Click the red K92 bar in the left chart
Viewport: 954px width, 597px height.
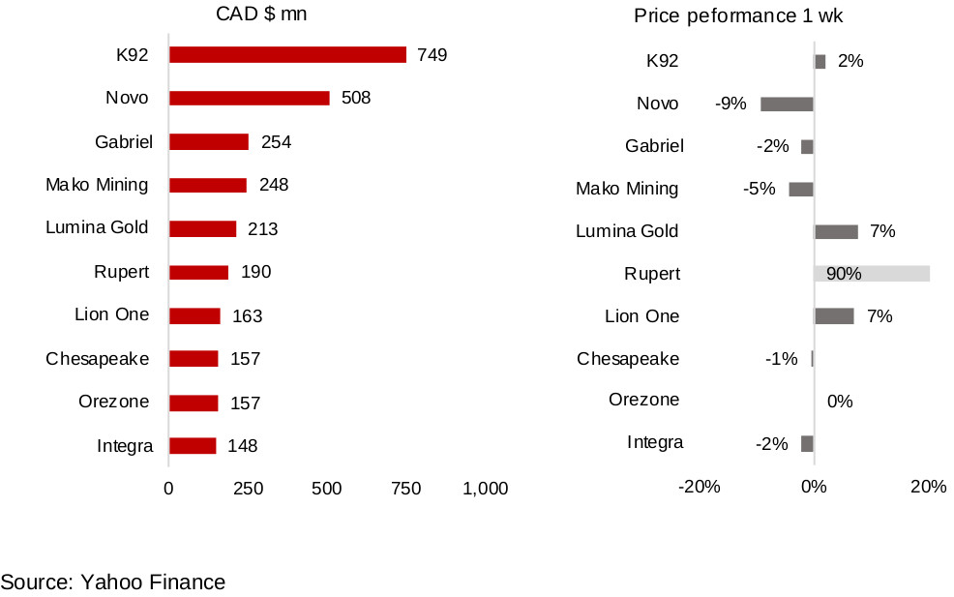pyautogui.click(x=287, y=54)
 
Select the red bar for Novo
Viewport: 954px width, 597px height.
pyautogui.click(x=249, y=98)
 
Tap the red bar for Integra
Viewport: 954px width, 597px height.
pyautogui.click(x=193, y=446)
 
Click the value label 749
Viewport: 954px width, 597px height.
pyautogui.click(x=432, y=55)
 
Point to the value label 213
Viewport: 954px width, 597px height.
pyautogui.click(x=262, y=229)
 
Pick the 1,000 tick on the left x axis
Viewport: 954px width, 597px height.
pyautogui.click(x=485, y=489)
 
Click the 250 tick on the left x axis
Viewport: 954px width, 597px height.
pyautogui.click(x=248, y=489)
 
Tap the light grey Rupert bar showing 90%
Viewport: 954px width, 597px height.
pyautogui.click(x=872, y=274)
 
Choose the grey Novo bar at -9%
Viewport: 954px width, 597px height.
pyautogui.click(x=787, y=104)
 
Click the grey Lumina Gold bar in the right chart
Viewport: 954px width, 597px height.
pyautogui.click(x=836, y=231)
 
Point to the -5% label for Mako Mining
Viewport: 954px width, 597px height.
pyautogui.click(x=760, y=189)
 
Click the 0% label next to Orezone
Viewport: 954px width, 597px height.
pyautogui.click(x=840, y=401)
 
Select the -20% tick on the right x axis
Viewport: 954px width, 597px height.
pyautogui.click(x=700, y=487)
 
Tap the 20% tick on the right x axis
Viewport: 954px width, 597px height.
pyautogui.click(x=928, y=487)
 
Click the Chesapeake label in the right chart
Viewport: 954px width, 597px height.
pyautogui.click(x=628, y=359)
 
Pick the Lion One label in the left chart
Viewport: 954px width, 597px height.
pyautogui.click(x=112, y=314)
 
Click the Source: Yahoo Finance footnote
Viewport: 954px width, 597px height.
pyautogui.click(x=113, y=582)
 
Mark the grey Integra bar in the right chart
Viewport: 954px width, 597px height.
pyautogui.click(x=807, y=443)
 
